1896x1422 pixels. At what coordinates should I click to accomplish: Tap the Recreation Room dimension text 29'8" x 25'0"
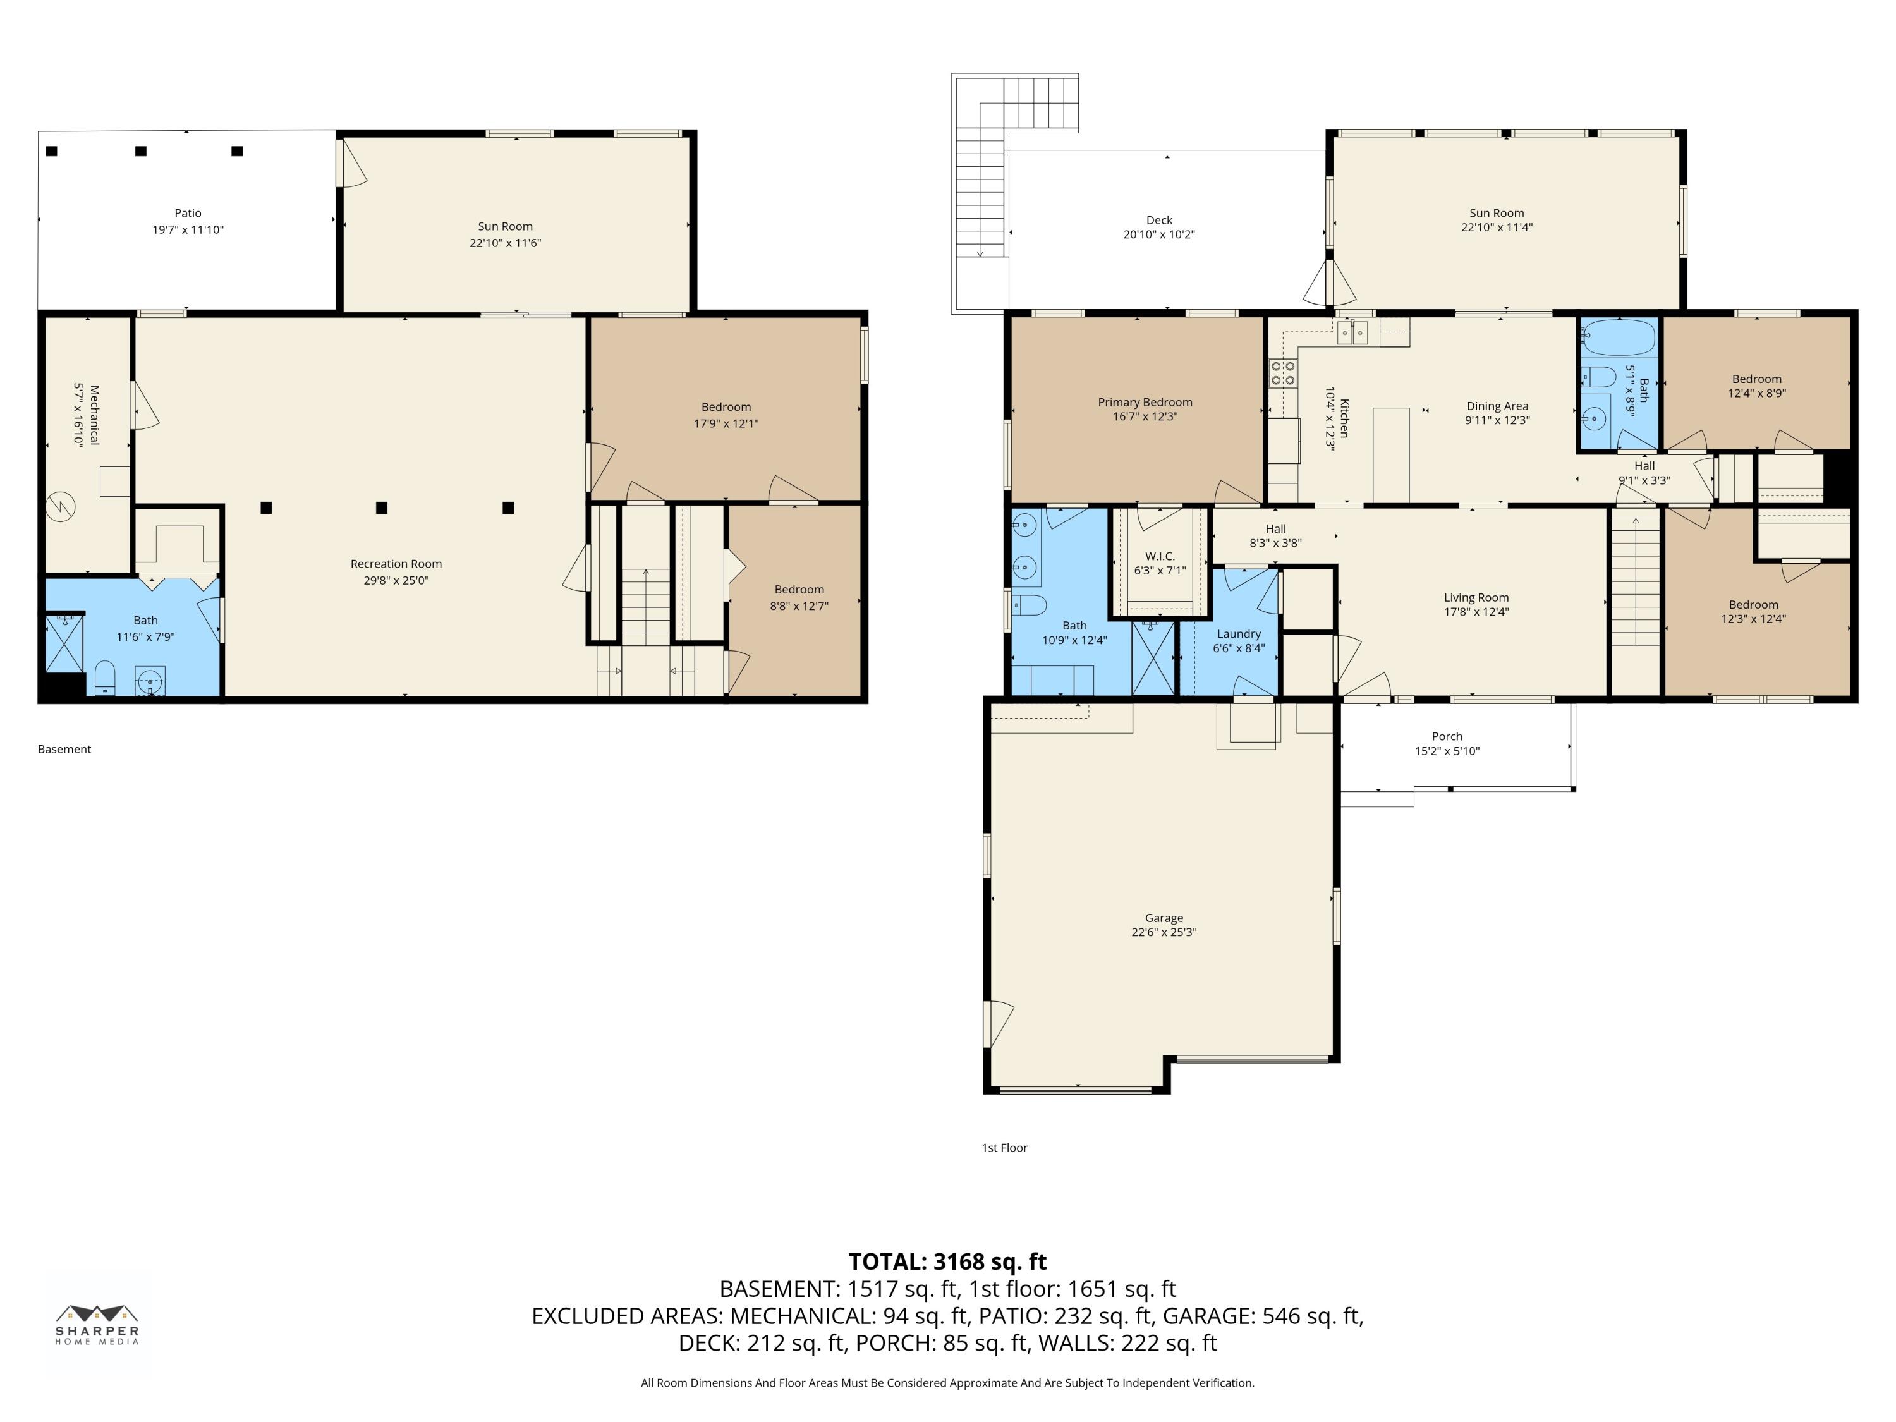(x=396, y=580)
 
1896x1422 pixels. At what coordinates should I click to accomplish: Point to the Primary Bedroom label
(x=1145, y=402)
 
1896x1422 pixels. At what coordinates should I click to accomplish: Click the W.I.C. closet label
(x=1160, y=556)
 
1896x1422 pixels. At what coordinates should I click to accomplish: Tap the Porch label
(x=1447, y=736)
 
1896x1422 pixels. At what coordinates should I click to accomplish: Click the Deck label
(x=1159, y=221)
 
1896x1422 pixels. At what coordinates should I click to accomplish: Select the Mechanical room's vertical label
(x=94, y=415)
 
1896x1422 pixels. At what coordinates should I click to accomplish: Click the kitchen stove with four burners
(x=1283, y=374)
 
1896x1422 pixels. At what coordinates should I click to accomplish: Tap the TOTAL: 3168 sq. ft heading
(x=947, y=1261)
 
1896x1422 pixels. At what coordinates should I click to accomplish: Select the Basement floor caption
(x=64, y=749)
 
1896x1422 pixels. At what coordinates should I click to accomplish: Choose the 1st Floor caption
(x=1004, y=1148)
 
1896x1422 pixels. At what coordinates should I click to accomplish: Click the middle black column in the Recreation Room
(x=382, y=507)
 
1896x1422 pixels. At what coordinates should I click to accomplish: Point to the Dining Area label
(x=1497, y=406)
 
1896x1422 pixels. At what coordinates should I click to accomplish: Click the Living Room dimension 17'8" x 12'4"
(x=1476, y=612)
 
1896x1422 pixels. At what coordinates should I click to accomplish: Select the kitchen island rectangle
(x=1391, y=455)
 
